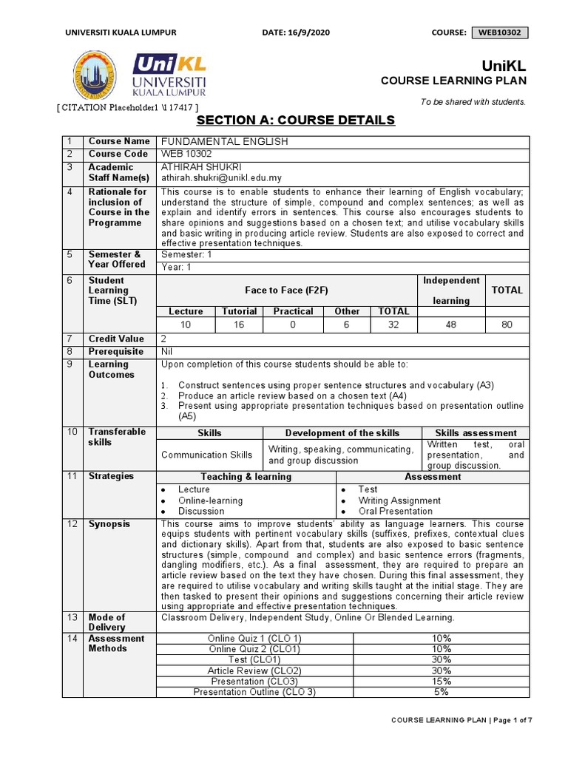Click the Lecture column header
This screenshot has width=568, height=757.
[186, 311]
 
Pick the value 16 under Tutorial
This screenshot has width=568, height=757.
[240, 325]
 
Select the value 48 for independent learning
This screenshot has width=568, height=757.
[451, 325]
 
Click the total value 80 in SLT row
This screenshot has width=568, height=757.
[507, 325]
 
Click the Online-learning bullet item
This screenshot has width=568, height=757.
[210, 500]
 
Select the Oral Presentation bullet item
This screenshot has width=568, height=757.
[395, 511]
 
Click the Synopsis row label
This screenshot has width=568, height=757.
[109, 524]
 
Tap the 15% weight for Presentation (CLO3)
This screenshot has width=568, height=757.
[441, 681]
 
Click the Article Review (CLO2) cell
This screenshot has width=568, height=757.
[254, 671]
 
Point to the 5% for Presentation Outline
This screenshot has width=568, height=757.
[441, 692]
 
